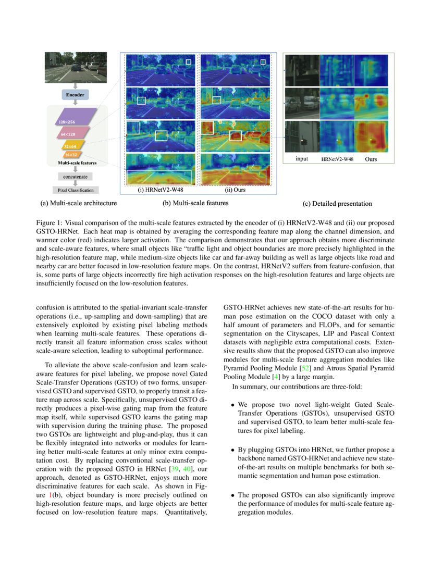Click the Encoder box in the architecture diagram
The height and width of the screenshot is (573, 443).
pos(76,95)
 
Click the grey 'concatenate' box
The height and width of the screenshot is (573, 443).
pos(76,177)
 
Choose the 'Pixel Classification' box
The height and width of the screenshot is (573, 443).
pos(76,191)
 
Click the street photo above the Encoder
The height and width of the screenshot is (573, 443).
pos(76,67)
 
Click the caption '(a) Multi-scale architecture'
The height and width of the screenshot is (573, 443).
pos(79,203)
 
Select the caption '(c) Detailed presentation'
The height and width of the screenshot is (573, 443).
pos(337,204)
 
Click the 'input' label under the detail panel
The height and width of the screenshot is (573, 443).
pos(302,158)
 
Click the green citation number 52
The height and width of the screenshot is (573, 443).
pos(281,368)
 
